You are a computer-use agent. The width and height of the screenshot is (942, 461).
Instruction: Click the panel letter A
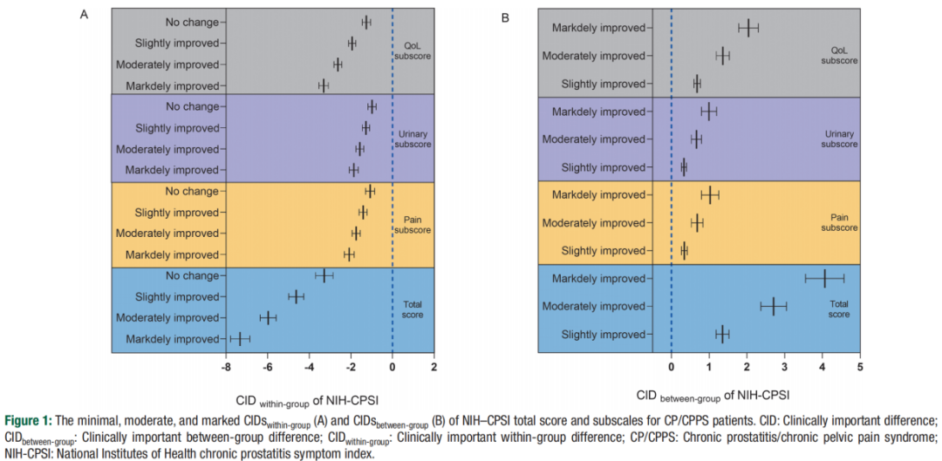click(84, 15)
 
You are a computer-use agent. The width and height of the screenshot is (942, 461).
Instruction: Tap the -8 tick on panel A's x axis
click(226, 366)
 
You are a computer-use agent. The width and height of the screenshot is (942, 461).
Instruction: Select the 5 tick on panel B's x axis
click(860, 366)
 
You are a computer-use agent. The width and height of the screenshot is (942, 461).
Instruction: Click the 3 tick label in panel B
click(784, 366)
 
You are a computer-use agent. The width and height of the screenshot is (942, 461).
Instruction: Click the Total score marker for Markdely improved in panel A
click(238, 339)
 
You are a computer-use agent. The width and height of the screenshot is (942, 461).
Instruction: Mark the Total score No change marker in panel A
click(324, 275)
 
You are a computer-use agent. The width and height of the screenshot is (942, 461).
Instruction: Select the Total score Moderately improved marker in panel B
click(773, 306)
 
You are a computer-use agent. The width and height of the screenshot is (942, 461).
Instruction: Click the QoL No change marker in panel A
click(366, 23)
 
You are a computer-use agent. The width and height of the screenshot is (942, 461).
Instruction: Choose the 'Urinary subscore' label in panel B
click(839, 139)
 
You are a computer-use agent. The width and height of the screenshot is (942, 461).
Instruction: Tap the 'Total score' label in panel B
click(839, 308)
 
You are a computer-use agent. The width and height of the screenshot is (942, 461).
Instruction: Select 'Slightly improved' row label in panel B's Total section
click(602, 334)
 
